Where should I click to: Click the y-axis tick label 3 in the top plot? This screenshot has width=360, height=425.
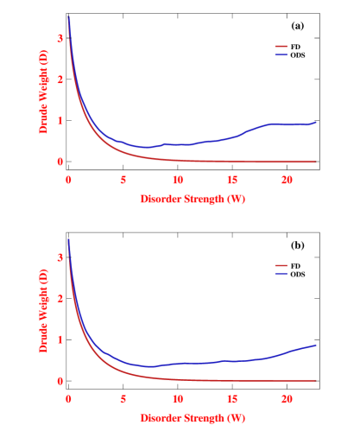point(60,38)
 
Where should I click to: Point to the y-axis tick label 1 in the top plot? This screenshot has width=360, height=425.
point(60,120)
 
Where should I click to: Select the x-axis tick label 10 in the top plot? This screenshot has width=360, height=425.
point(177,179)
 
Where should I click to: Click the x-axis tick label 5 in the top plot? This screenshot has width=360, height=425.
point(123,179)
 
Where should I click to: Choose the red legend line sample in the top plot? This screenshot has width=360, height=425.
point(281,46)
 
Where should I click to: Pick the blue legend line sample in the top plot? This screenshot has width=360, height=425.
point(281,54)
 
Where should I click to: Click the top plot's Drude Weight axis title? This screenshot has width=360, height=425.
point(42,99)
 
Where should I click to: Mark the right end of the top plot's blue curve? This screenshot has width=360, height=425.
point(317,122)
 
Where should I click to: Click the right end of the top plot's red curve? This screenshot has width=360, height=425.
point(317,162)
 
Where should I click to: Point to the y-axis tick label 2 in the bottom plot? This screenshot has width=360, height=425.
point(60,298)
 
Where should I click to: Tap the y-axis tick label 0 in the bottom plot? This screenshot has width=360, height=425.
point(60,380)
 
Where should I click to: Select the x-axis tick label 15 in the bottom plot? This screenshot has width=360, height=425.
point(231,398)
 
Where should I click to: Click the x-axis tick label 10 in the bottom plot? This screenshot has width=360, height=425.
point(177,398)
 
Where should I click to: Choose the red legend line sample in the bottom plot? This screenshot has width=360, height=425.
point(281,265)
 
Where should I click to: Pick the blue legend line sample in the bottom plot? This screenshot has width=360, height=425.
point(281,274)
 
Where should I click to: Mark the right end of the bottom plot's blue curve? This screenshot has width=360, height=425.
point(317,345)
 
